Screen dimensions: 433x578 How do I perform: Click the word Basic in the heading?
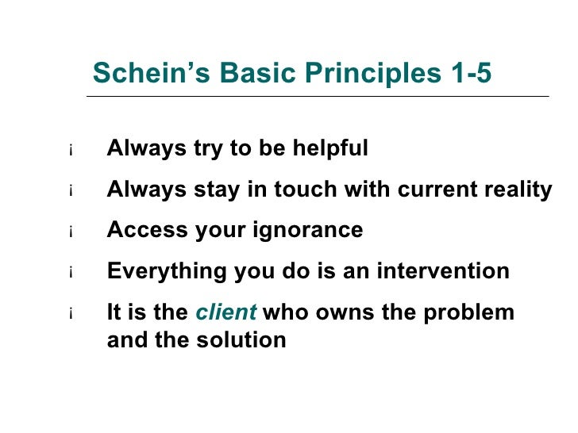[x=260, y=73]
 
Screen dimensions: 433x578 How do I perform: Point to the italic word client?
[x=225, y=312]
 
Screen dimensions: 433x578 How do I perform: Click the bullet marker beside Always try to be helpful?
[x=71, y=151]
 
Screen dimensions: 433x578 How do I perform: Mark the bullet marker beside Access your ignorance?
[x=71, y=232]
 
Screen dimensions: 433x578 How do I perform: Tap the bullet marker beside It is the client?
[x=71, y=314]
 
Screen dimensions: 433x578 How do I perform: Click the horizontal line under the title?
[x=318, y=97]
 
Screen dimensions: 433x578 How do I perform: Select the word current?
[x=433, y=190]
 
